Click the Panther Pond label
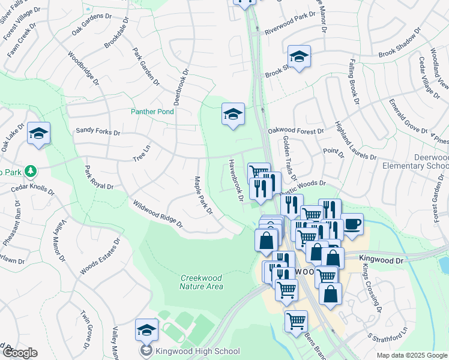point(153,112)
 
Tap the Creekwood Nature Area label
point(201,282)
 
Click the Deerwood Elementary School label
point(423,161)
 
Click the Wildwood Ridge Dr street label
point(158,215)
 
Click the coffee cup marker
point(352,224)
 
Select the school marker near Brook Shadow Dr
point(299,56)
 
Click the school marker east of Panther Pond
point(233,113)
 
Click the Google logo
point(20,353)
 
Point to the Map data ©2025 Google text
point(411,355)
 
